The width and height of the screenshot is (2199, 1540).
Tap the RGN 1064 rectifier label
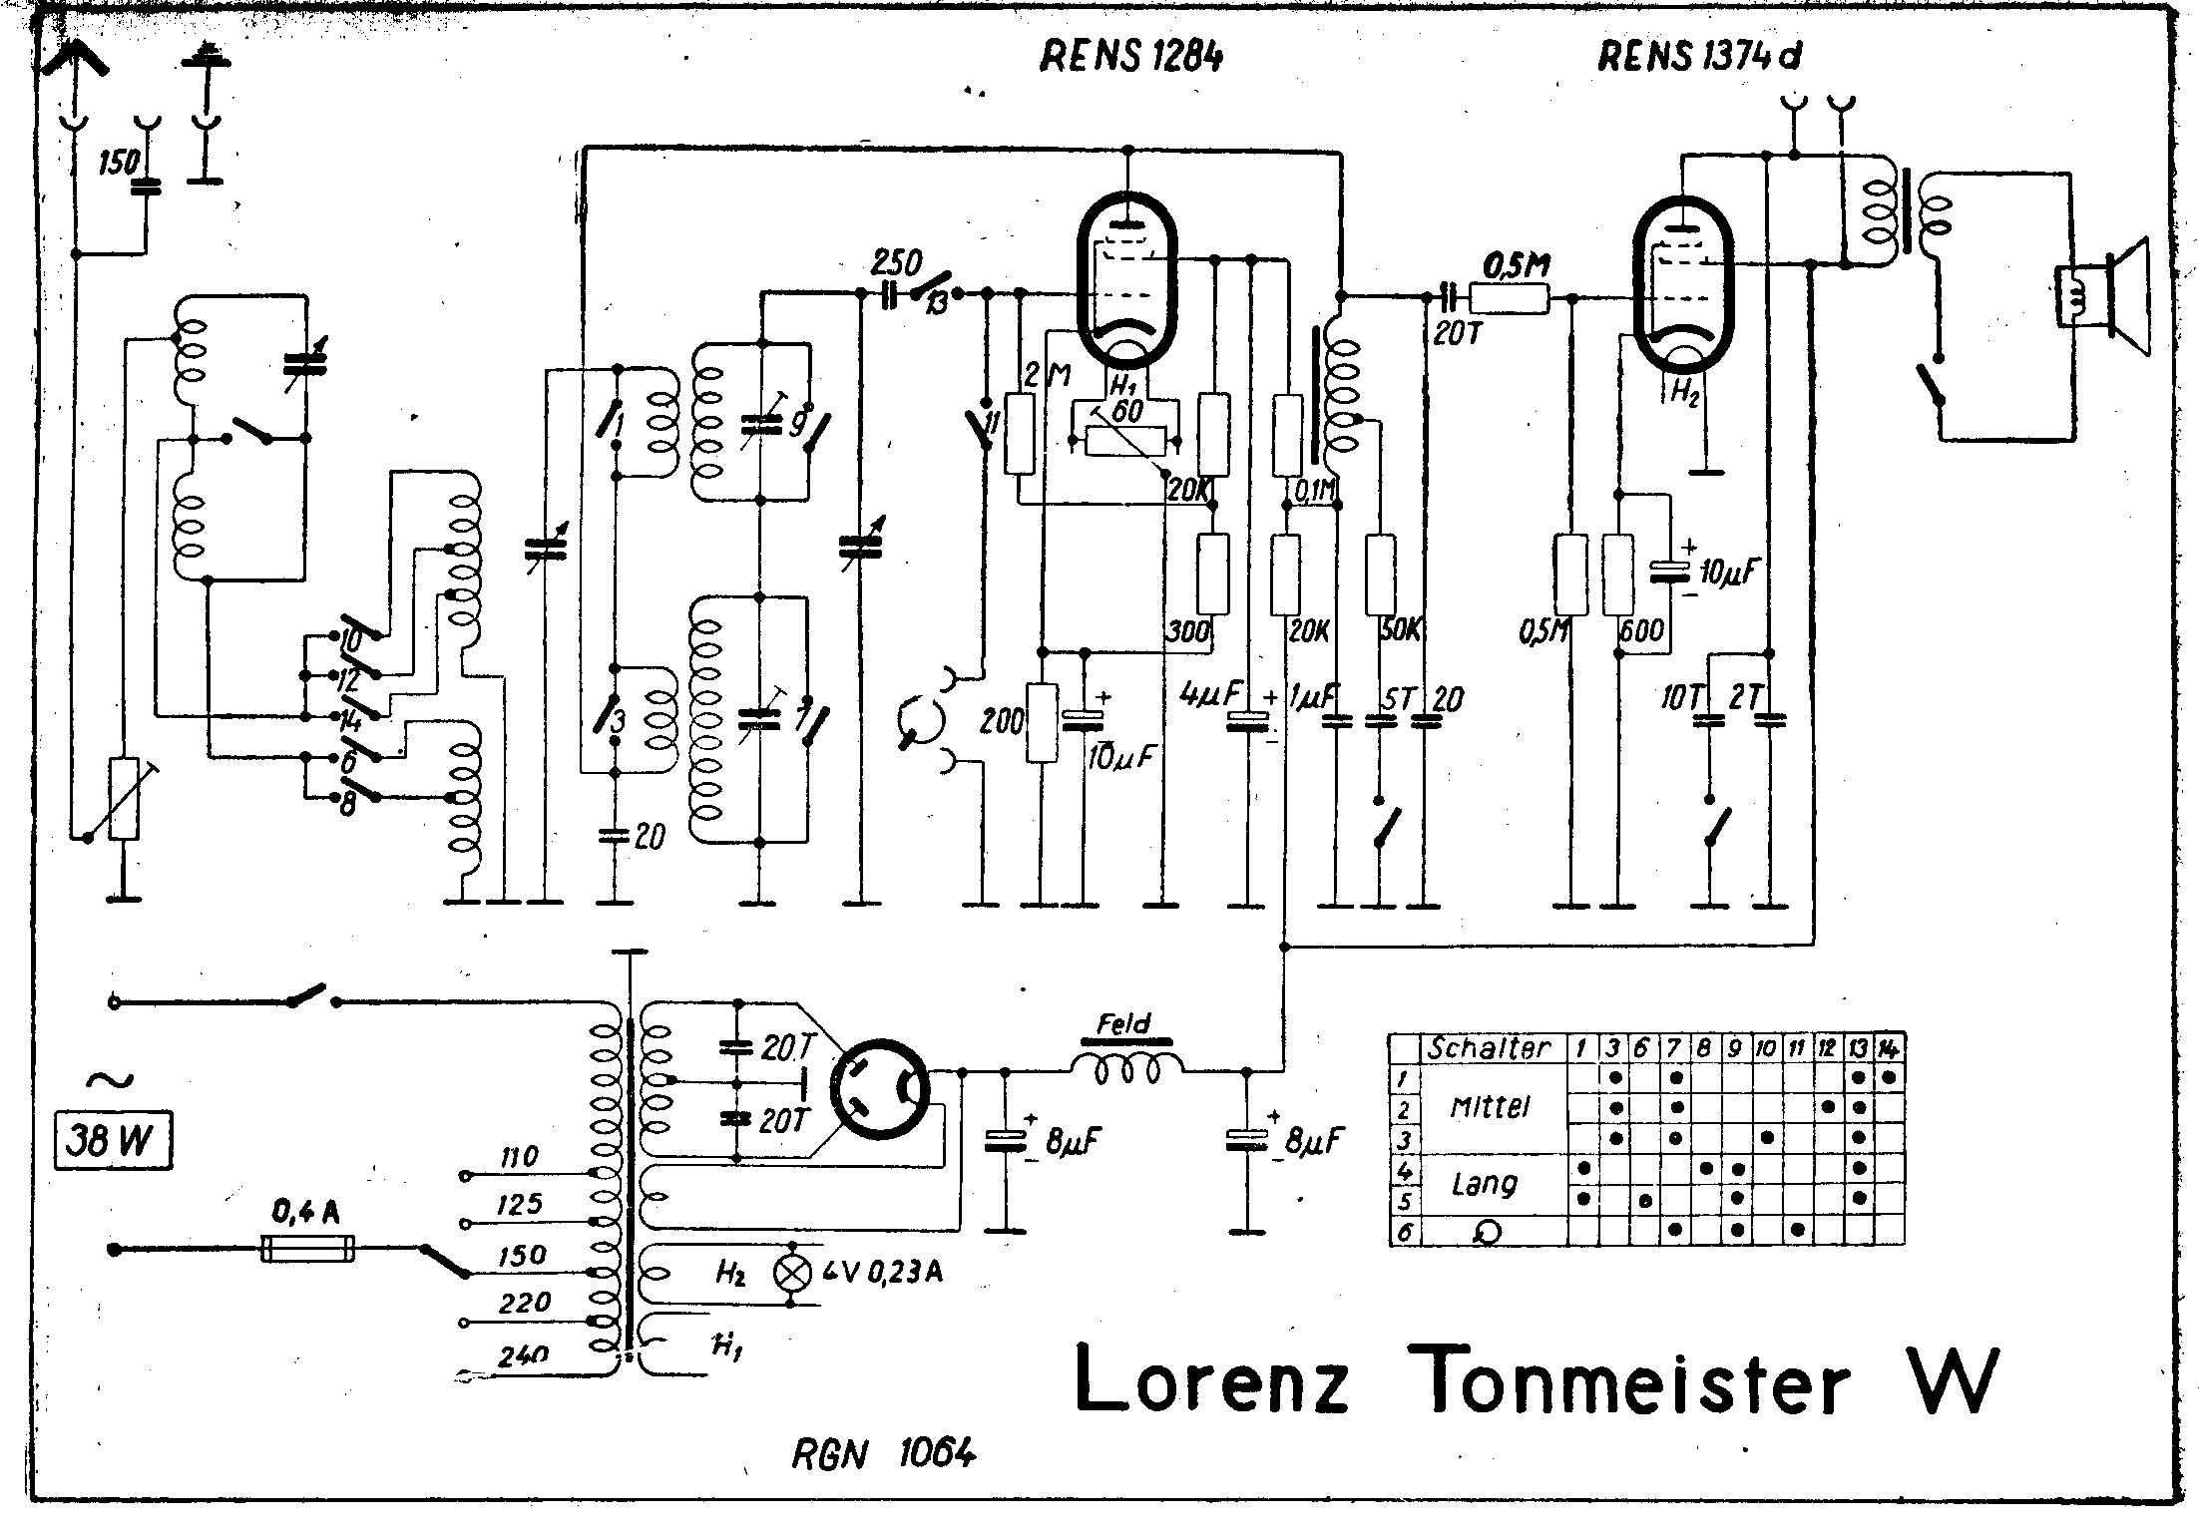click(x=883, y=1455)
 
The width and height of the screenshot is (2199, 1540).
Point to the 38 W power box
click(x=114, y=1141)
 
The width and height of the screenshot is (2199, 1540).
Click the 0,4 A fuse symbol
click(x=307, y=1248)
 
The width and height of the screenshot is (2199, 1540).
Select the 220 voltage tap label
click(x=525, y=1303)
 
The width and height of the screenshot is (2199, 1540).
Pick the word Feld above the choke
click(x=1123, y=1023)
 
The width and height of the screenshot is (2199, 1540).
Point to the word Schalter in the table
click(x=1489, y=1048)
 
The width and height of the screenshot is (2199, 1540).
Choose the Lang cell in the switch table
click(x=1486, y=1184)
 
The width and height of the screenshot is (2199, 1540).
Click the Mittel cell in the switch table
click(x=1490, y=1107)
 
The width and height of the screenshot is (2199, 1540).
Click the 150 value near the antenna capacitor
click(x=118, y=162)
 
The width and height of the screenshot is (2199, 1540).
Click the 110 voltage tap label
click(x=518, y=1158)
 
